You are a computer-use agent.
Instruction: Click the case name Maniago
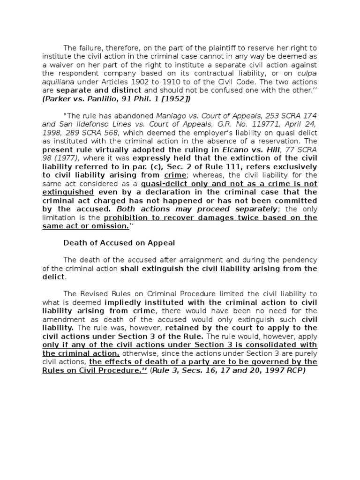click(x=173, y=116)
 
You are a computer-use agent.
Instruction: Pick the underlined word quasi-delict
click(x=151, y=184)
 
